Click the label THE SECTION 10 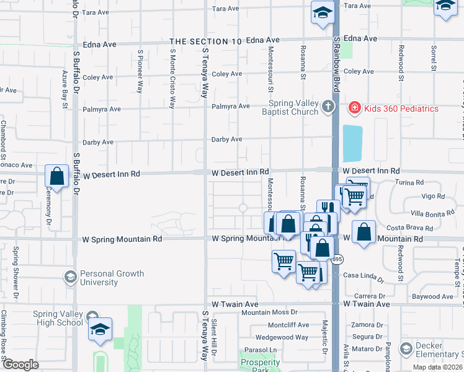pos(205,42)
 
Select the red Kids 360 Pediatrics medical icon pos(354,108)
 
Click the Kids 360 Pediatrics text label pos(401,108)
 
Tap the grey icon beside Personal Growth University pos(71,277)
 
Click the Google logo pos(20,365)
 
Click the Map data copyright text pos(438,367)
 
